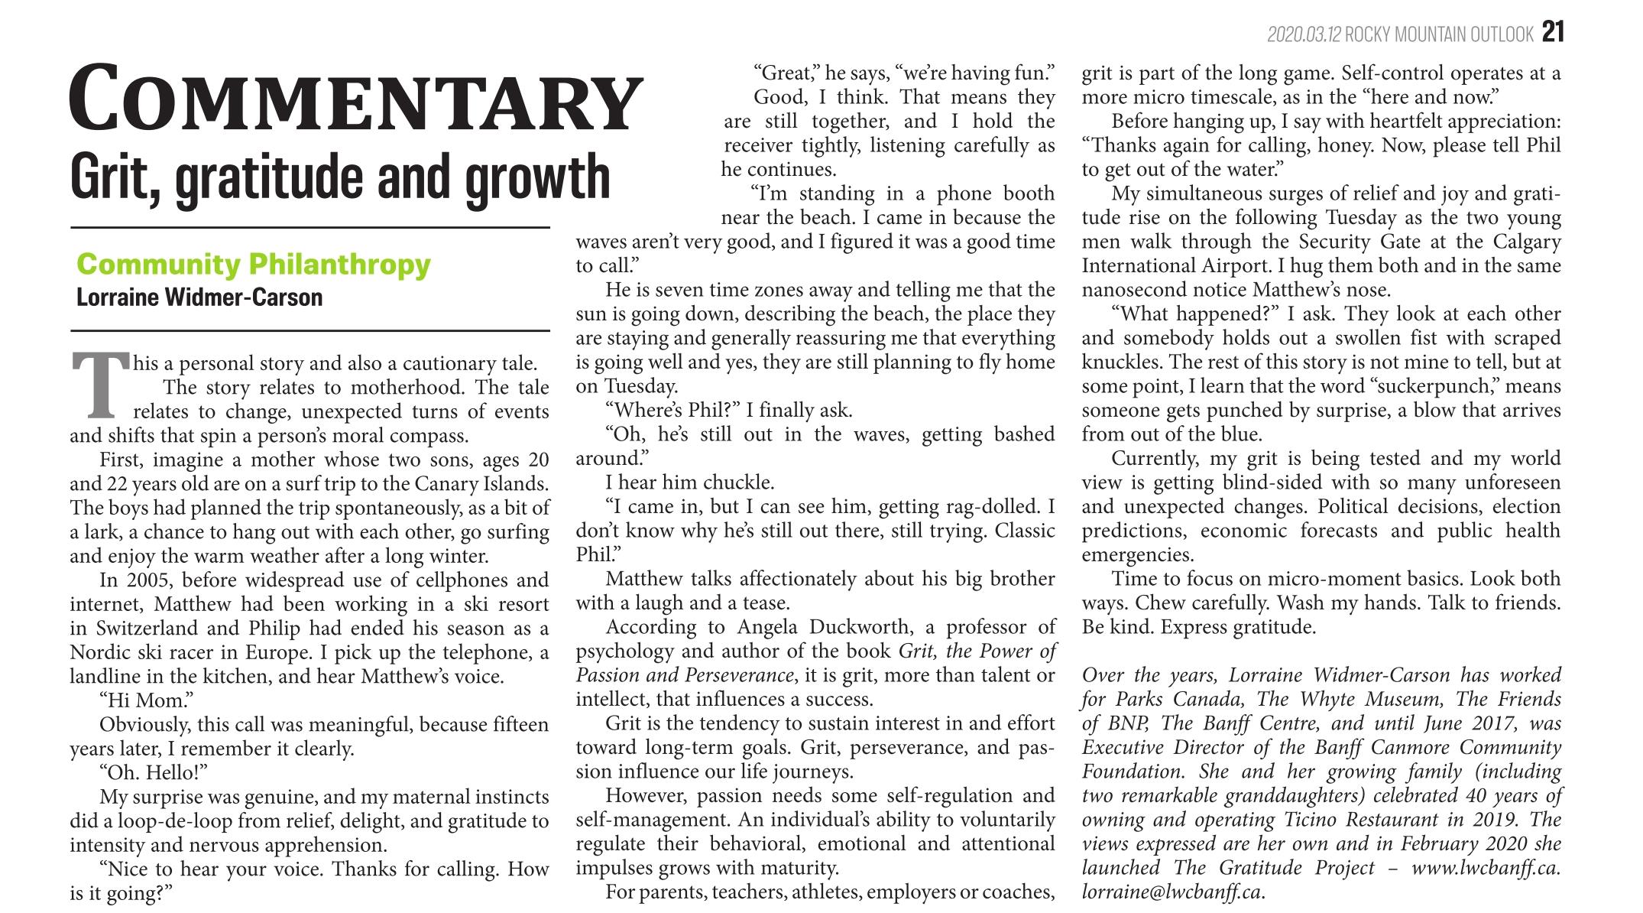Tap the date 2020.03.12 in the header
1304,34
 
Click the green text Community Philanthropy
254,265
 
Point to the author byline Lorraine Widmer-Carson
199,297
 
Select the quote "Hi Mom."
146,700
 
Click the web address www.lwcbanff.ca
1486,868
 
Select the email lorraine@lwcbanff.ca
1171,892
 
